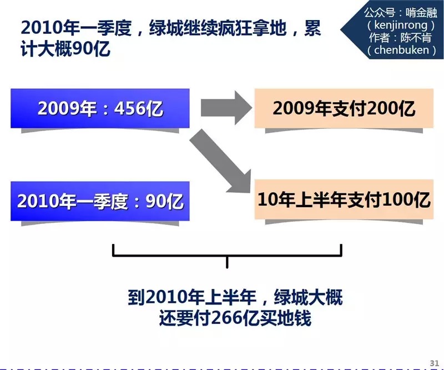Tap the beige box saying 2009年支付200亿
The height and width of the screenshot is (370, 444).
[x=344, y=108]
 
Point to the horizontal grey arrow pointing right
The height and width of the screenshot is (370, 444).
[x=225, y=108]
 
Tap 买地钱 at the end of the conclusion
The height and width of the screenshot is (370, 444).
[x=290, y=319]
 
